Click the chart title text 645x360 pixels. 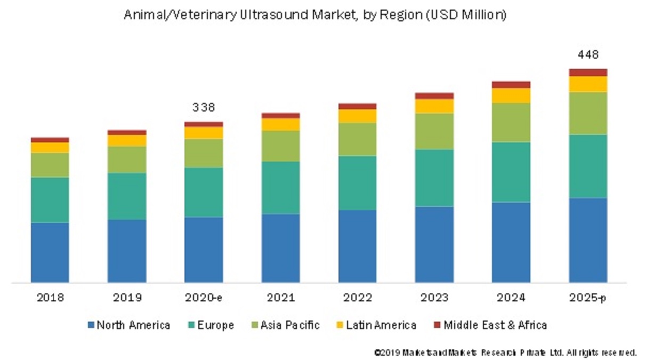click(315, 15)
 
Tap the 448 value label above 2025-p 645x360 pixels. click(588, 54)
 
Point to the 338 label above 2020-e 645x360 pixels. click(204, 108)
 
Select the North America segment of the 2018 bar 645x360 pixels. click(50, 252)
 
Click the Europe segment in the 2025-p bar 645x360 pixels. click(588, 166)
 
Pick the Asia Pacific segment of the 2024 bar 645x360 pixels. click(511, 122)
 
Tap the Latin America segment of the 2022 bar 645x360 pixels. click(357, 116)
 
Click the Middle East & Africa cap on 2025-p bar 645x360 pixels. click(588, 73)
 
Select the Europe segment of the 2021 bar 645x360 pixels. click(280, 188)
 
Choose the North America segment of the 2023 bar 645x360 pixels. click(434, 244)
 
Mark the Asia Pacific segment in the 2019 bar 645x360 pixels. click(127, 159)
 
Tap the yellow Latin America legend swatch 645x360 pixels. click(341, 325)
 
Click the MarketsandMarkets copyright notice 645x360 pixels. click(505, 353)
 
